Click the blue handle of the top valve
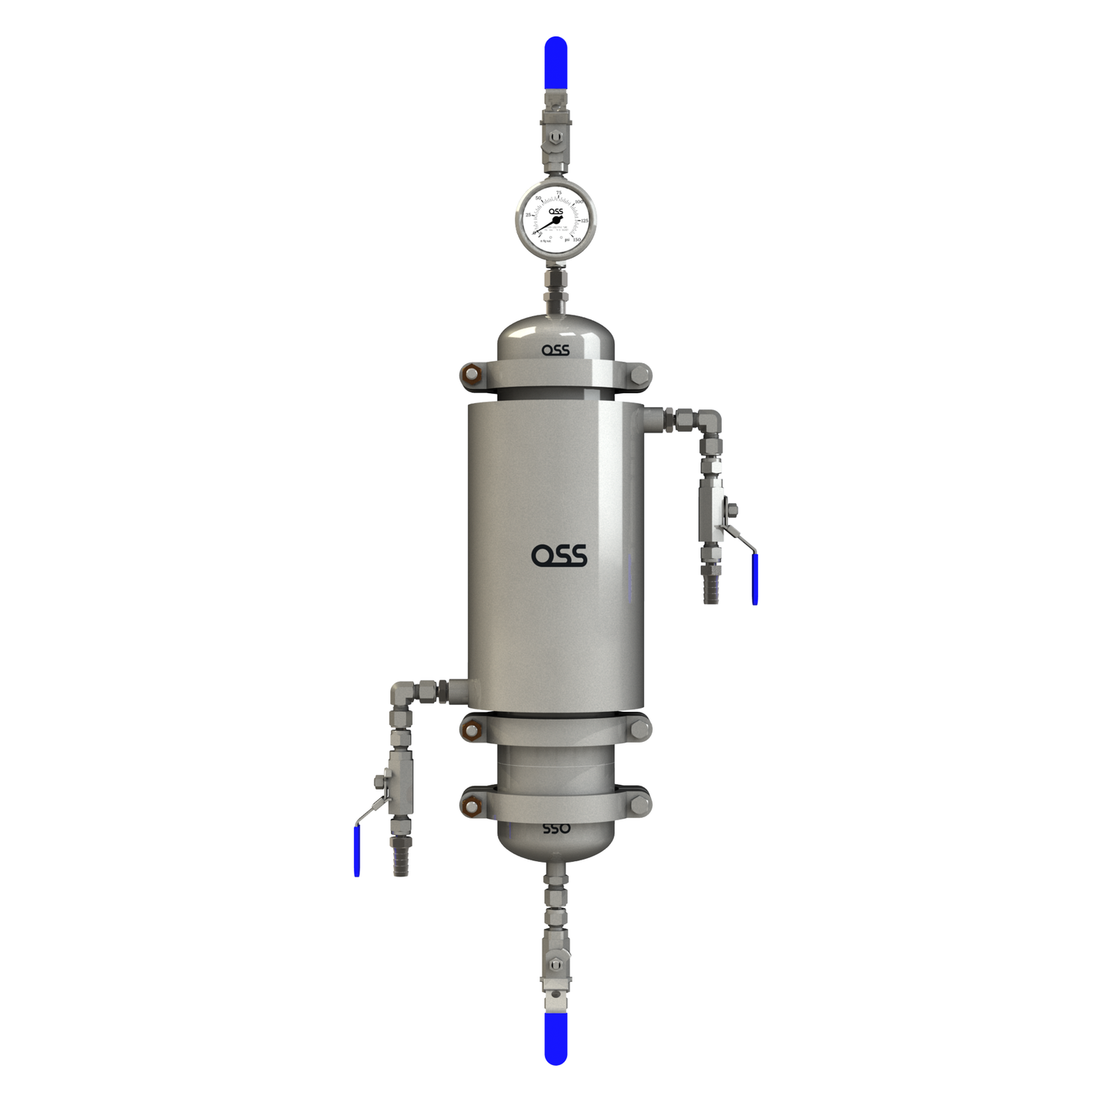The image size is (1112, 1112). pyautogui.click(x=556, y=63)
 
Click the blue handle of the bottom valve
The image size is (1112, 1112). pyautogui.click(x=556, y=1038)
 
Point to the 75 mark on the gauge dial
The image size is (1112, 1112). pyautogui.click(x=559, y=193)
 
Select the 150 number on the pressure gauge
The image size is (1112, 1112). pyautogui.click(x=576, y=239)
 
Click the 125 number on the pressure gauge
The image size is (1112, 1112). pyautogui.click(x=584, y=221)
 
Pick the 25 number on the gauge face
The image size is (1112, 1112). pyautogui.click(x=529, y=215)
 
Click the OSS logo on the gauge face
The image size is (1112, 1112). pyautogui.click(x=556, y=212)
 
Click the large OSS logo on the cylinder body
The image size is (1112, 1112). pyautogui.click(x=559, y=555)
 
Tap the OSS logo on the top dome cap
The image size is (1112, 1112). pyautogui.click(x=556, y=350)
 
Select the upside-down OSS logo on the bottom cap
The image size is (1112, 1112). pyautogui.click(x=556, y=829)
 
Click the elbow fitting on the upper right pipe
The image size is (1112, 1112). pyautogui.click(x=710, y=422)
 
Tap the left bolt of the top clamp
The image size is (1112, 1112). pyautogui.click(x=470, y=376)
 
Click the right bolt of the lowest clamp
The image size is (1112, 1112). pyautogui.click(x=640, y=805)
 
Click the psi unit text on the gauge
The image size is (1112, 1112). pyautogui.click(x=567, y=240)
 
